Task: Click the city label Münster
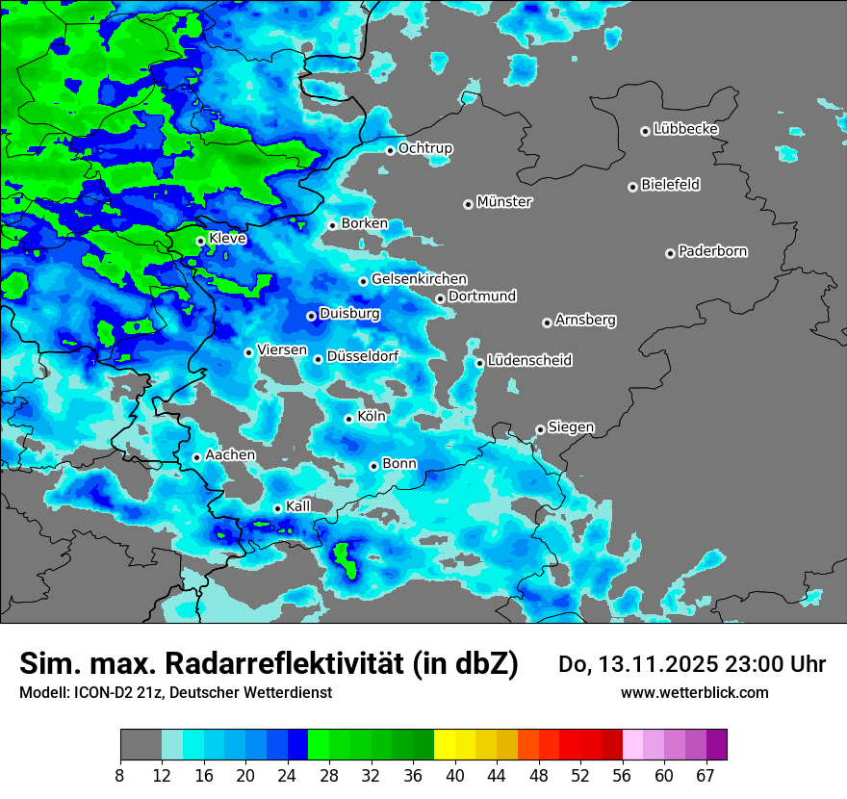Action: coord(504,202)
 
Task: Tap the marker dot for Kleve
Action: coord(200,241)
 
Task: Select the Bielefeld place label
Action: coord(670,185)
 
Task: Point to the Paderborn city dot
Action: coord(670,253)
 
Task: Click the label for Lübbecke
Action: coord(685,129)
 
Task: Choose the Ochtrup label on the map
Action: coord(425,148)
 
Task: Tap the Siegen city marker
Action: coord(540,429)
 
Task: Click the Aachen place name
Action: coord(230,454)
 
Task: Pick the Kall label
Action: coord(298,506)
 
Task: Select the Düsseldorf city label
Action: coord(363,356)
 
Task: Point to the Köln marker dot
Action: coord(348,419)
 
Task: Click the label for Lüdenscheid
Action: coord(529,361)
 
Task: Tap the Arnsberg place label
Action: coord(585,320)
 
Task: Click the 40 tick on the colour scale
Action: coord(455,775)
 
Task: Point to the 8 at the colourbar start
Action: coord(120,775)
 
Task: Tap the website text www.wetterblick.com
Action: coord(694,692)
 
